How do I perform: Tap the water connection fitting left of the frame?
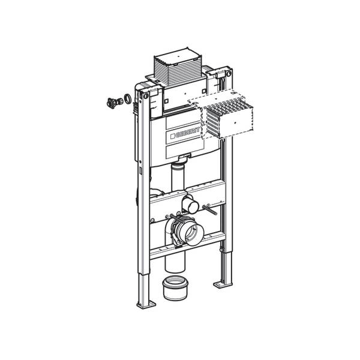pyautogui.click(x=111, y=101)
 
